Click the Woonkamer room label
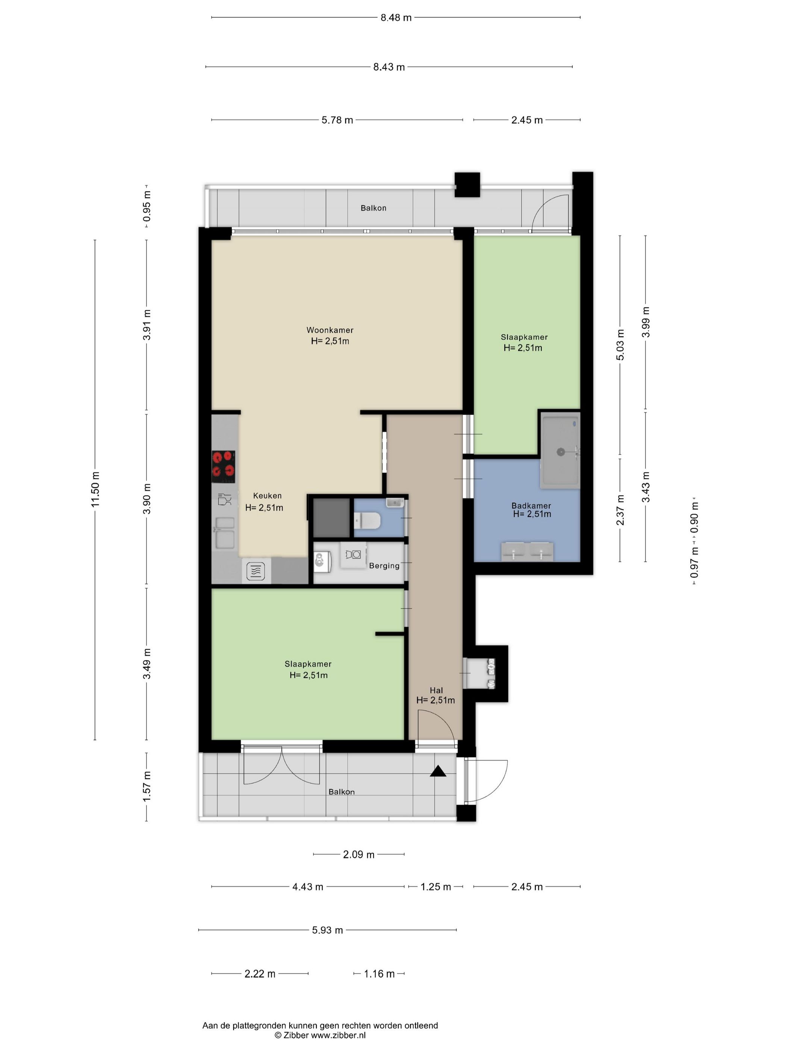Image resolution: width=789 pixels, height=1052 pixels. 330,330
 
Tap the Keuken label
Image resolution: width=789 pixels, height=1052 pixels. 267,496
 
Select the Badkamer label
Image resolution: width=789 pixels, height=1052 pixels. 531,506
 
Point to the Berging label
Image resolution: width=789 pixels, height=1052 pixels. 384,565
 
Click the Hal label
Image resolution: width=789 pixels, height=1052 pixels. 436,690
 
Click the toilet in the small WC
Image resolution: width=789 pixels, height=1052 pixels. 367,520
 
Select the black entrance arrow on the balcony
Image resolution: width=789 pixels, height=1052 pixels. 438,771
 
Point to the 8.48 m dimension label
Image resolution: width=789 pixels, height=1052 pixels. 396,18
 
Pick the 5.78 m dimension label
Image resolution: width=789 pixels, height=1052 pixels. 337,120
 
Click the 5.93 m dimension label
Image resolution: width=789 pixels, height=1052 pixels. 327,930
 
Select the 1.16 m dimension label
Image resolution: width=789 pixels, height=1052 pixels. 379,974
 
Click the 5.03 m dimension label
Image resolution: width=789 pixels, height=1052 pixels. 620,344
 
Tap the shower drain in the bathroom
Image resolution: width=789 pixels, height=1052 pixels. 561,452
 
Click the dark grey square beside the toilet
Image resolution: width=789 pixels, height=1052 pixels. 331,517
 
